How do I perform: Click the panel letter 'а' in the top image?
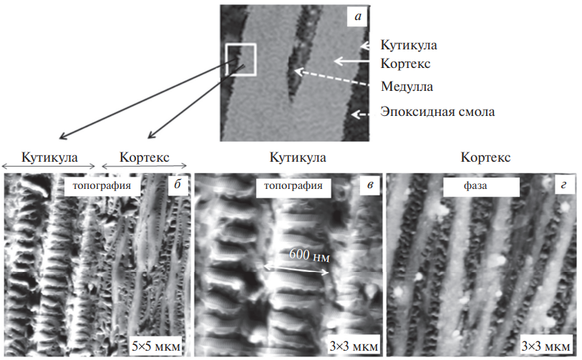click(357, 16)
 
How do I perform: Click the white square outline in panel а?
click(226, 59)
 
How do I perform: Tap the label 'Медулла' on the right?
click(407, 87)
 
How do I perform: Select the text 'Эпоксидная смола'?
click(437, 112)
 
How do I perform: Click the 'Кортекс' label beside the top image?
click(405, 64)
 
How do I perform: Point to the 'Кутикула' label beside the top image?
click(409, 45)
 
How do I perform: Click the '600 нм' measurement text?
click(309, 256)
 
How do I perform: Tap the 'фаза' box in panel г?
click(481, 186)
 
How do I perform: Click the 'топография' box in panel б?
click(102, 186)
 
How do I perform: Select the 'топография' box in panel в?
click(294, 186)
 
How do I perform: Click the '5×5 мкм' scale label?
click(156, 346)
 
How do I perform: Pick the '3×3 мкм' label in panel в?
click(354, 346)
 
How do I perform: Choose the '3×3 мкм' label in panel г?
click(545, 346)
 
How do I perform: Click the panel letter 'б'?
click(178, 185)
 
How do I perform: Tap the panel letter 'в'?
click(369, 185)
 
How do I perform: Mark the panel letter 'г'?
click(563, 185)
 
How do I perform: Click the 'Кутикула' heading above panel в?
click(298, 157)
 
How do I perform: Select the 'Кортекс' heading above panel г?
click(485, 157)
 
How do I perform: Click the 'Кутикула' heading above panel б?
click(49, 157)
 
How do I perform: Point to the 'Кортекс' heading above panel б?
click(145, 157)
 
